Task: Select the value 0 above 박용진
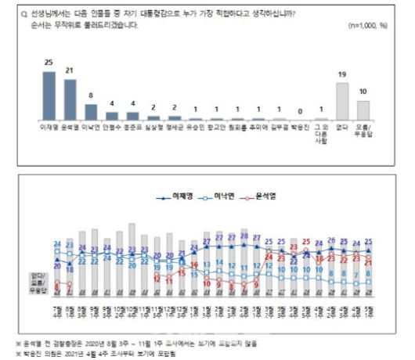coord(299,110)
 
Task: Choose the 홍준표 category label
coord(133,124)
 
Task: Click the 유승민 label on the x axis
coord(196,124)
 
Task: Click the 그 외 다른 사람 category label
coord(320,130)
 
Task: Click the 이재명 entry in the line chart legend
coord(182,175)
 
